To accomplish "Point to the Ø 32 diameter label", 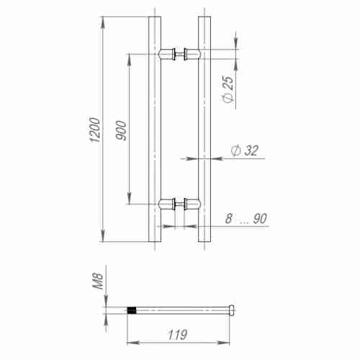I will (244, 150).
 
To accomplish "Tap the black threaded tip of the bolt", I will (132, 310).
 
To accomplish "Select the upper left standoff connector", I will (167, 53).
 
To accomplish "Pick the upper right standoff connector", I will (191, 53).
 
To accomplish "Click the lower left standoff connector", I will (167, 204).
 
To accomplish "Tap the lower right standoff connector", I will (191, 204).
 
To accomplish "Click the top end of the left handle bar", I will (154, 15).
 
